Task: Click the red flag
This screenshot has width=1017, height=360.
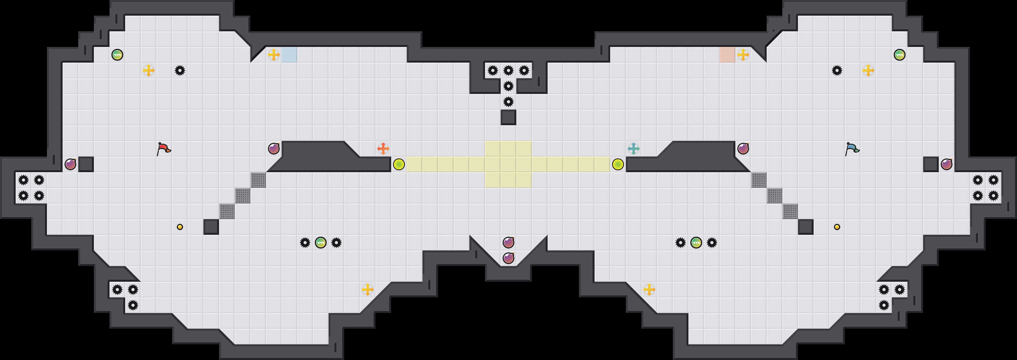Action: pos(163,149)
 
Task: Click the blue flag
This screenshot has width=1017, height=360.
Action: pos(852,149)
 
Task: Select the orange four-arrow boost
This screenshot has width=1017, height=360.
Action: pos(383,149)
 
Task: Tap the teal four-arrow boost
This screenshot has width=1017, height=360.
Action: pos(633,149)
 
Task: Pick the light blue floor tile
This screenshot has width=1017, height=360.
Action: pos(289,55)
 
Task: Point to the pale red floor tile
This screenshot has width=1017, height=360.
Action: pos(727,55)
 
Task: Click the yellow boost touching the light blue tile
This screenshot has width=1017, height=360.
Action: pos(273,55)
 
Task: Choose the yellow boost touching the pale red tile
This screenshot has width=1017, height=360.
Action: pos(743,55)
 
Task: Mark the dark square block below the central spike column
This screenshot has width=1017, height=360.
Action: pos(508,117)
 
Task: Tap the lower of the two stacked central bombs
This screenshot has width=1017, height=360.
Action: pos(508,258)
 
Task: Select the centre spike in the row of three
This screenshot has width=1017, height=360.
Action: pos(508,71)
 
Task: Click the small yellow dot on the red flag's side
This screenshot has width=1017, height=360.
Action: pos(180,227)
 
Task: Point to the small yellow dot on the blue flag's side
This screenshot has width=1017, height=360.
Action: pos(837,227)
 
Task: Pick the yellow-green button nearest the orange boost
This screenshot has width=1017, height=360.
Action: pos(399,164)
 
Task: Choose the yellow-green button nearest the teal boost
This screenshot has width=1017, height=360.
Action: pos(618,164)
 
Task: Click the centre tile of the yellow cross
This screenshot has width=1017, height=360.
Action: pos(508,164)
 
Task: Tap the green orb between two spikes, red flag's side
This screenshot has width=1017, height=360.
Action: pos(321,242)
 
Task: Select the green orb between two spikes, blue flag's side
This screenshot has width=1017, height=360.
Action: pos(696,242)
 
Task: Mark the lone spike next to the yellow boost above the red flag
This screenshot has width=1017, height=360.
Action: pos(180,71)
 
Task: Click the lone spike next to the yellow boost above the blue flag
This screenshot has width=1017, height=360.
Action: pos(837,71)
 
